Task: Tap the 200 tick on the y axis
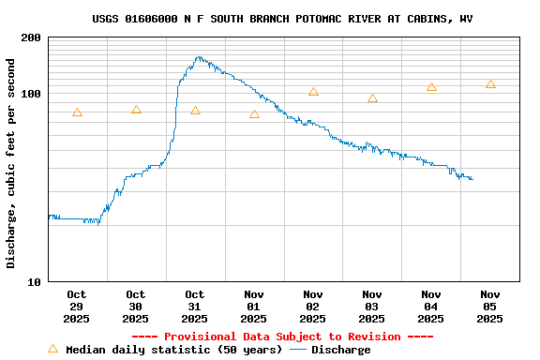pos(31,37)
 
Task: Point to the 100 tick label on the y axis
pos(31,94)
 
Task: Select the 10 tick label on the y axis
pos(34,281)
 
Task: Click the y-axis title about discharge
pos(11,163)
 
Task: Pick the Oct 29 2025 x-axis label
pos(77,307)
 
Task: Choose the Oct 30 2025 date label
pos(136,307)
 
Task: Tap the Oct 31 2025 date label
pos(195,307)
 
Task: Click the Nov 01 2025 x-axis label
pos(254,307)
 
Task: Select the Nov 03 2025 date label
pos(372,307)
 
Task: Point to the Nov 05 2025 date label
pos(490,307)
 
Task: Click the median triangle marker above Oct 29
pos(77,112)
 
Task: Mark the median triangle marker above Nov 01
pos(254,114)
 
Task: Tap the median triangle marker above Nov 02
pos(313,92)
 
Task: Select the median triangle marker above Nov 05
pos(490,84)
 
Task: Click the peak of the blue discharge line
pos(199,57)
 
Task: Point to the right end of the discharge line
pos(472,178)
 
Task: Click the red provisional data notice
pos(282,337)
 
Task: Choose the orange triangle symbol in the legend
pos(52,349)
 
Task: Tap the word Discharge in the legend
pos(340,350)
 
